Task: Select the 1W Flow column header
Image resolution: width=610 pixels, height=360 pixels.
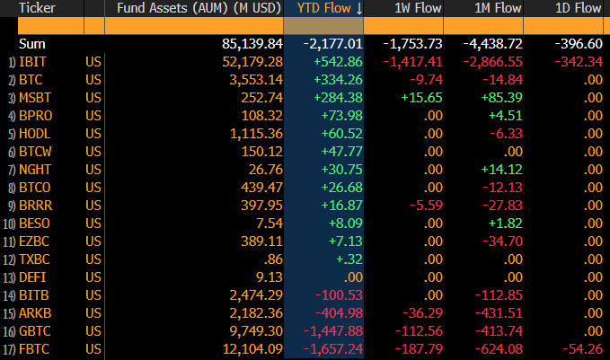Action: pos(418,8)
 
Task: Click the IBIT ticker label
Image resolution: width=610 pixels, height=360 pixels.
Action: pos(32,62)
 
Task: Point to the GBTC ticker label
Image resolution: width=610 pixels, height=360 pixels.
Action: pos(35,331)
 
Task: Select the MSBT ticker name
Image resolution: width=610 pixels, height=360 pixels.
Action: pos(35,98)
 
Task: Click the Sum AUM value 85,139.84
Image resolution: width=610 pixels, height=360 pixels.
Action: pos(252,44)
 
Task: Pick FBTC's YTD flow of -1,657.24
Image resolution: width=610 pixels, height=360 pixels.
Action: pos(333,349)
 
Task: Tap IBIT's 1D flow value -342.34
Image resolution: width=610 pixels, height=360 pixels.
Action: pos(579,62)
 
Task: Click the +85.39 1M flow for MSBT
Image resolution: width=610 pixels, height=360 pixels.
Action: pos(502,98)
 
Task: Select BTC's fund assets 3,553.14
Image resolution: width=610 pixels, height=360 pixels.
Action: pos(256,80)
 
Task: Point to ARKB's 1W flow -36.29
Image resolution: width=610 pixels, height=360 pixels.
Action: pos(422,313)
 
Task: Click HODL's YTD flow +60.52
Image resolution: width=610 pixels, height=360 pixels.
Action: pos(342,134)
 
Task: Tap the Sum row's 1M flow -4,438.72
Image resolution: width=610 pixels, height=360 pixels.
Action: pos(493,44)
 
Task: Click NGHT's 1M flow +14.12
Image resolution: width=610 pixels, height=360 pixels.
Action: pos(502,170)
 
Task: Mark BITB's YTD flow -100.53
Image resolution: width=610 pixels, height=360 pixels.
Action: pos(339,295)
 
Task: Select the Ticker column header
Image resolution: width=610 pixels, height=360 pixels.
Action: pos(37,8)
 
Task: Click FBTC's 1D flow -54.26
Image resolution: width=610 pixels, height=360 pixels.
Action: pos(582,349)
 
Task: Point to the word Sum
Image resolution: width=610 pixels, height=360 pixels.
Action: pos(32,44)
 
